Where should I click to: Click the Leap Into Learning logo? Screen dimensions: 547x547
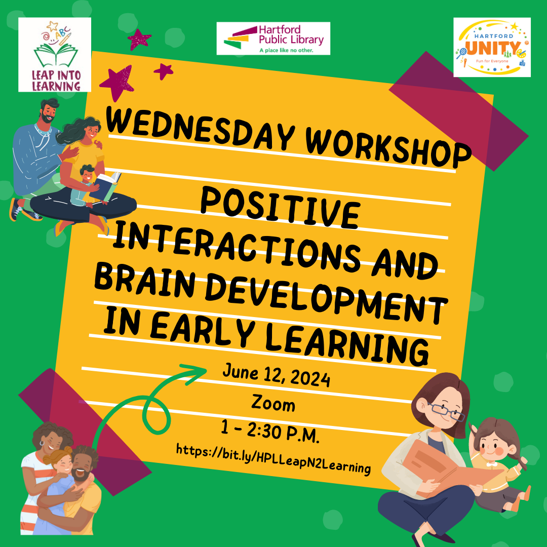tap(54, 55)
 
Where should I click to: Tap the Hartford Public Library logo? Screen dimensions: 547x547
tap(273, 38)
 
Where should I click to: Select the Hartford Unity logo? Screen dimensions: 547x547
tap(492, 47)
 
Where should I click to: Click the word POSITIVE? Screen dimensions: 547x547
tap(280, 207)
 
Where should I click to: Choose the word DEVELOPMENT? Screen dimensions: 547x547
tap(326, 300)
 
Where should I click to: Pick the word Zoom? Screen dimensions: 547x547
tap(273, 404)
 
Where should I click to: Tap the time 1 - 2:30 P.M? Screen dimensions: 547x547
tap(270, 433)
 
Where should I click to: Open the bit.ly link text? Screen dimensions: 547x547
tap(273, 458)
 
